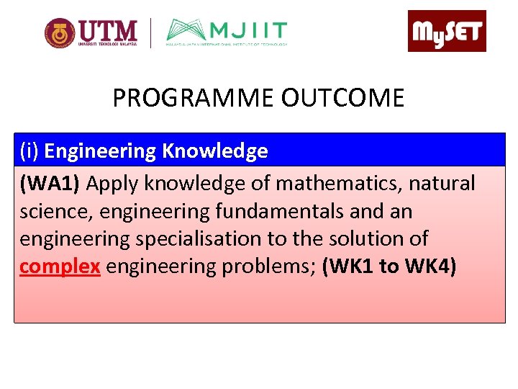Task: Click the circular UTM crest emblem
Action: (59, 32)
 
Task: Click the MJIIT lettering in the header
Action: (248, 31)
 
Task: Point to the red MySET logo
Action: (447, 31)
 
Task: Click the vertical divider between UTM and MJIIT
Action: (151, 32)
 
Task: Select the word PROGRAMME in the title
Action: (194, 98)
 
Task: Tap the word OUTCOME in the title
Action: (342, 98)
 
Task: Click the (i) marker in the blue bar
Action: (29, 151)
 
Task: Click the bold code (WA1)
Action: (50, 184)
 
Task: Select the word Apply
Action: (113, 184)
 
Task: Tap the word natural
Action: (442, 184)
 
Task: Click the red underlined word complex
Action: (60, 267)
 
